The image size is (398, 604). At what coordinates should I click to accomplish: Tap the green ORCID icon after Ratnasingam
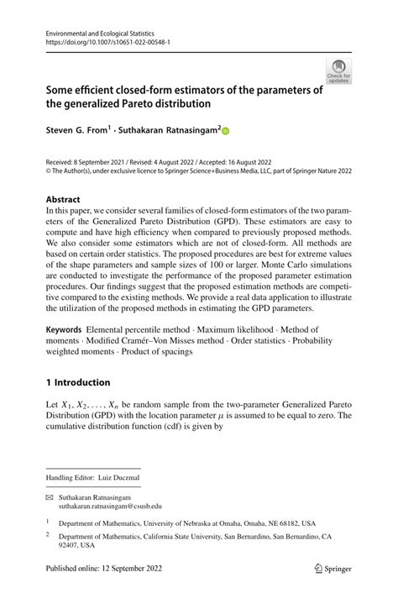tap(225, 131)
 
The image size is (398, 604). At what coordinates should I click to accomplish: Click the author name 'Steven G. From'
tap(81, 131)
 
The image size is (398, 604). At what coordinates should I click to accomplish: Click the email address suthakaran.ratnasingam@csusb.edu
tap(109, 506)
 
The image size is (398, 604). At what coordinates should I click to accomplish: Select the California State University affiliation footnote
tap(193, 539)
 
